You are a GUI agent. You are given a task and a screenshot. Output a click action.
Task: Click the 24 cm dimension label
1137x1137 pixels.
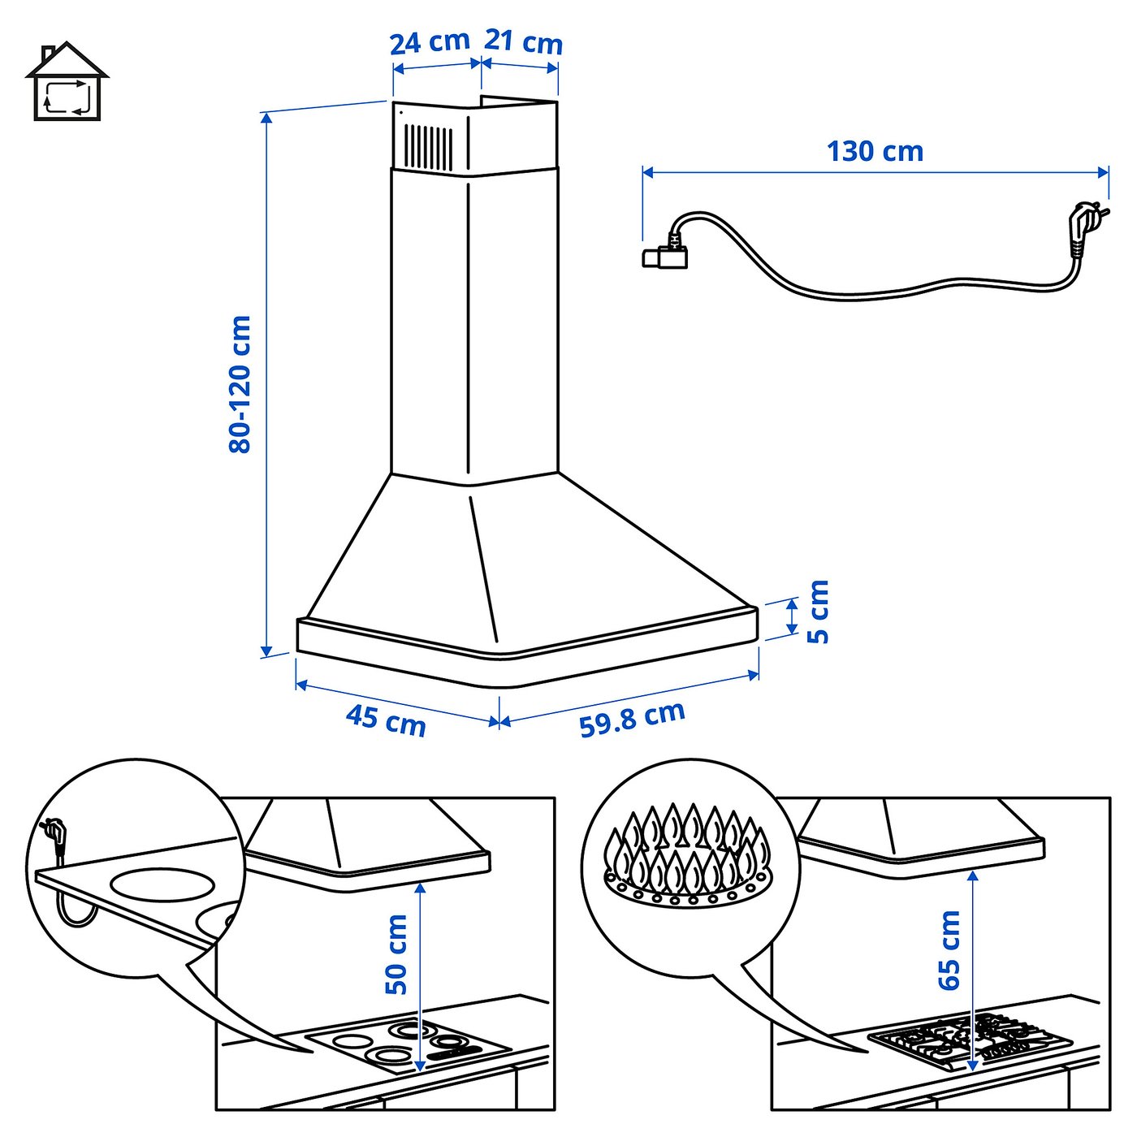[x=430, y=42]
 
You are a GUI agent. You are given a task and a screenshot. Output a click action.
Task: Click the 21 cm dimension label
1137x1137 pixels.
[x=524, y=41]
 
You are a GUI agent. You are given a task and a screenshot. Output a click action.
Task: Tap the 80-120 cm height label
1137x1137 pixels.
[x=240, y=384]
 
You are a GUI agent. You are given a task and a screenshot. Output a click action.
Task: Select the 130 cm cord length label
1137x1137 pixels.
[x=875, y=152]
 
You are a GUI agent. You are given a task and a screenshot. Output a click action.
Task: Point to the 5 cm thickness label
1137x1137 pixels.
[x=818, y=612]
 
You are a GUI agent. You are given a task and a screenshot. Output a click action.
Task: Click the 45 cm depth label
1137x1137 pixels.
[x=386, y=719]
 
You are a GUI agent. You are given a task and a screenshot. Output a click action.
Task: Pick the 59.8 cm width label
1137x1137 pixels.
[x=632, y=719]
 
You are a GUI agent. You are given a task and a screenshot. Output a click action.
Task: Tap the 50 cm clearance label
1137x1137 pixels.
[x=396, y=954]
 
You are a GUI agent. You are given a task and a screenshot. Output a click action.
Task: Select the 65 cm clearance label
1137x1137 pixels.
[x=949, y=950]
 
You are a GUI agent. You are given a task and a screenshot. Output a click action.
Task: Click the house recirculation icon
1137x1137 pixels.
[x=67, y=83]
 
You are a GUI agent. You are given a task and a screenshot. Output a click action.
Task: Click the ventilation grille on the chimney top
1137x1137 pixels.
[x=429, y=147]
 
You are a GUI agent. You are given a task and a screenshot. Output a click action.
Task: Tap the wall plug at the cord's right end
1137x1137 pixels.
[x=1084, y=227]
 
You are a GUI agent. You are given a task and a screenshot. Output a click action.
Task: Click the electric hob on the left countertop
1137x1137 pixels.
[x=406, y=1044]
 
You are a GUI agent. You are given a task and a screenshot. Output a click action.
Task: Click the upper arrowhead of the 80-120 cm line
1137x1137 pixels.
[x=266, y=117]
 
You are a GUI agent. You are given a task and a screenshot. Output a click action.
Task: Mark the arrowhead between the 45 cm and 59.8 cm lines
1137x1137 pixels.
[x=499, y=721]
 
